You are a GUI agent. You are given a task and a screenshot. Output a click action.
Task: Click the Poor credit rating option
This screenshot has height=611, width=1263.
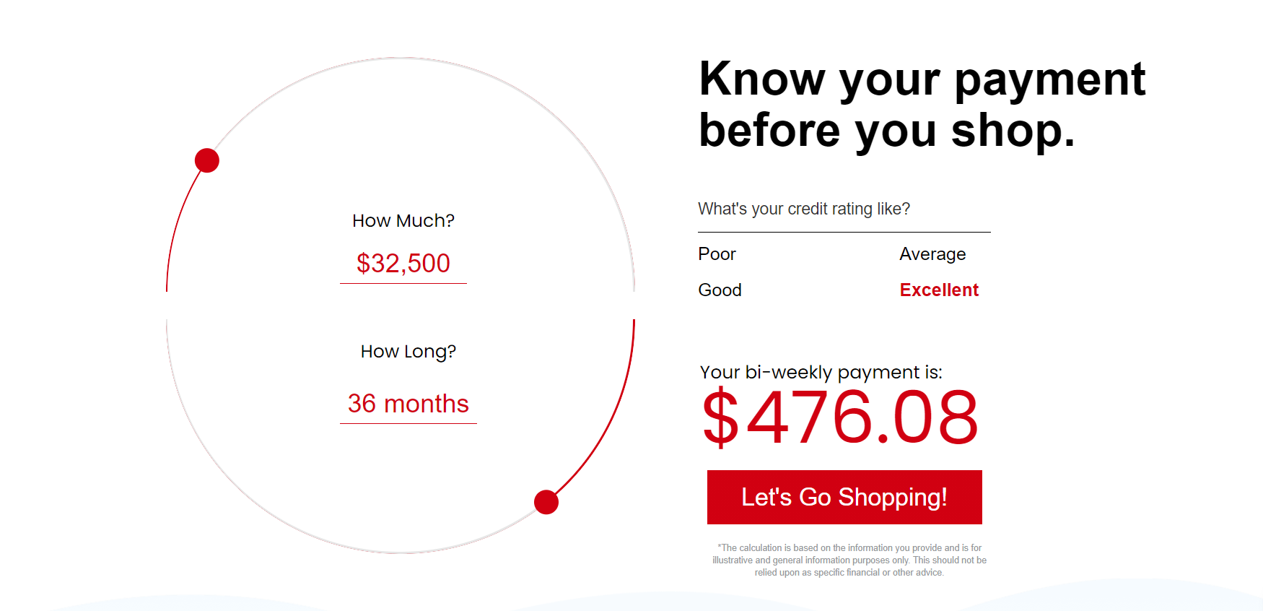717,254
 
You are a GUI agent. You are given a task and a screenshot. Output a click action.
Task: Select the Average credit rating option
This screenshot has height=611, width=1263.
932,254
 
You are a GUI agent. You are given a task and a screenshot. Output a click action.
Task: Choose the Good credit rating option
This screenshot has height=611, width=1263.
720,290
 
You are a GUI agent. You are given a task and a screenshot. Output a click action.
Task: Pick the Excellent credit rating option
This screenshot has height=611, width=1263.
939,290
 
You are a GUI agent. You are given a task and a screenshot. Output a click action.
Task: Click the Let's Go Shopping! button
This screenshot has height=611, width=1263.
844,497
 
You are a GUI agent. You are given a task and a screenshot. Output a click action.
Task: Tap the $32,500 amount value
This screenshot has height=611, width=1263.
403,264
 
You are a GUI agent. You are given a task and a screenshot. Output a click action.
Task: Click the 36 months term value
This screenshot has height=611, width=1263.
408,404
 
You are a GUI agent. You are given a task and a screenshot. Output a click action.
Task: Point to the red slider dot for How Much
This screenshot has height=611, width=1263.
207,160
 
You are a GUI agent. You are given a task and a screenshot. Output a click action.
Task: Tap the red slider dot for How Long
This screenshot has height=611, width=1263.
546,502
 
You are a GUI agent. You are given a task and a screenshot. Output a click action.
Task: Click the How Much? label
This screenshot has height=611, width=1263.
403,221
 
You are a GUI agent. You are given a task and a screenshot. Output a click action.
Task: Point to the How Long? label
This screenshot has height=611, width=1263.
408,352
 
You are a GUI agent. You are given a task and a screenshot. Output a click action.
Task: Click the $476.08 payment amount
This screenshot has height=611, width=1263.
841,417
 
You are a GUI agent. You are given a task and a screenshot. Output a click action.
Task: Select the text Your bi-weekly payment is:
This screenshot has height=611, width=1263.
821,373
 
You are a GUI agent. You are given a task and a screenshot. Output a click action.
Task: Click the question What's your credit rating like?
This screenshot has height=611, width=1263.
804,209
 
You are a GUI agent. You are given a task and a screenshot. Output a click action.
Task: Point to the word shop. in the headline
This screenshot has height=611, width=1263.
1013,132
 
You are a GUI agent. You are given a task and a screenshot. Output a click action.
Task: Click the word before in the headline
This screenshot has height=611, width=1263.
770,131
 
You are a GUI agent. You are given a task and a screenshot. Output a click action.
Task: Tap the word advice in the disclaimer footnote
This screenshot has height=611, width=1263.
930,573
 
